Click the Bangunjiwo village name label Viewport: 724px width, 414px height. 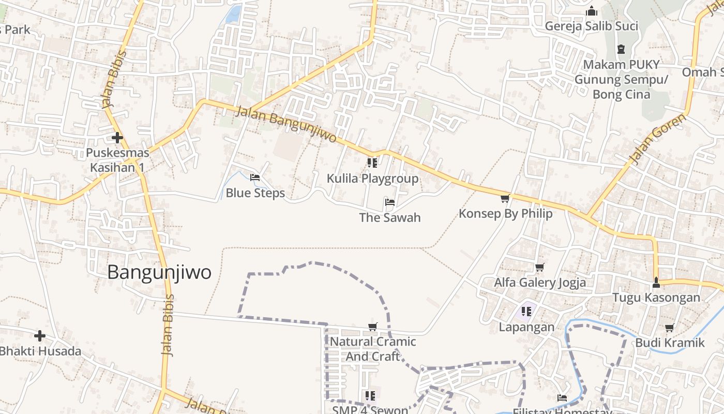click(x=159, y=272)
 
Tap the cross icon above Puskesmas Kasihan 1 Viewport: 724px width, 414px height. click(x=117, y=138)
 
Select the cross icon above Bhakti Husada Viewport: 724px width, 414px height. click(x=40, y=336)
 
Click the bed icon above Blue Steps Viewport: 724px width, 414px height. click(x=255, y=178)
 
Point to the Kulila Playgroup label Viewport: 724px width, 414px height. click(x=372, y=179)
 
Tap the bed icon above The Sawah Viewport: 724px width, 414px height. click(x=390, y=202)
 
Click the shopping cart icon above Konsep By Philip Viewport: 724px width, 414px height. click(x=505, y=198)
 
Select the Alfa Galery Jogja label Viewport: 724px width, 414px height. click(x=540, y=283)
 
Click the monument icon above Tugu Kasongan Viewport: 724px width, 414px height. click(x=656, y=283)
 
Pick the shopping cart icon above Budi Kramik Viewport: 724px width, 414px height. click(x=670, y=328)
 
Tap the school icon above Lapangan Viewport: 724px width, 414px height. click(x=526, y=312)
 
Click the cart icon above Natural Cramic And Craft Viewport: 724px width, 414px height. click(x=372, y=327)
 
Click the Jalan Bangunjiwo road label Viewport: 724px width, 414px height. click(x=286, y=125)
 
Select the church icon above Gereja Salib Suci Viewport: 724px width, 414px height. click(x=592, y=11)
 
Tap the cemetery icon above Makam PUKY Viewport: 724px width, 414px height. click(x=621, y=50)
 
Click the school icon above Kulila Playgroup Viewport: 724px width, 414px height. click(x=372, y=164)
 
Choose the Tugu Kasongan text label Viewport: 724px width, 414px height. click(x=656, y=298)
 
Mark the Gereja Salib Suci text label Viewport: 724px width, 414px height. click(x=592, y=26)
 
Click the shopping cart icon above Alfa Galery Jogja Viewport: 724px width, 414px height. click(x=540, y=268)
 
